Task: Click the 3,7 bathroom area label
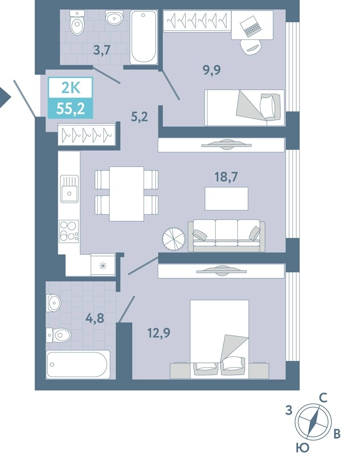[x=102, y=50]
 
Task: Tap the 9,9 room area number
[x=212, y=70]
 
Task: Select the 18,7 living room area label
[x=226, y=177]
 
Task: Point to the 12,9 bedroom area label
[x=159, y=333]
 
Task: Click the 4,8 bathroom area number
[x=95, y=318]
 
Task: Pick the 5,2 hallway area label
[x=139, y=117]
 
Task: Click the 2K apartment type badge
[x=70, y=88]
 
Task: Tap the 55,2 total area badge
[x=70, y=108]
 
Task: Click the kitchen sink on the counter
[x=70, y=189]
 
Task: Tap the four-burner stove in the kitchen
[x=69, y=231]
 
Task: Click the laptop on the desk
[x=250, y=25]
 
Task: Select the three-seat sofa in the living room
[x=226, y=236]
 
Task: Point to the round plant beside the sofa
[x=173, y=239]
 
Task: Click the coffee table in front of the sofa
[x=226, y=198]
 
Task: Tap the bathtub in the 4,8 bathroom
[x=78, y=364]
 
